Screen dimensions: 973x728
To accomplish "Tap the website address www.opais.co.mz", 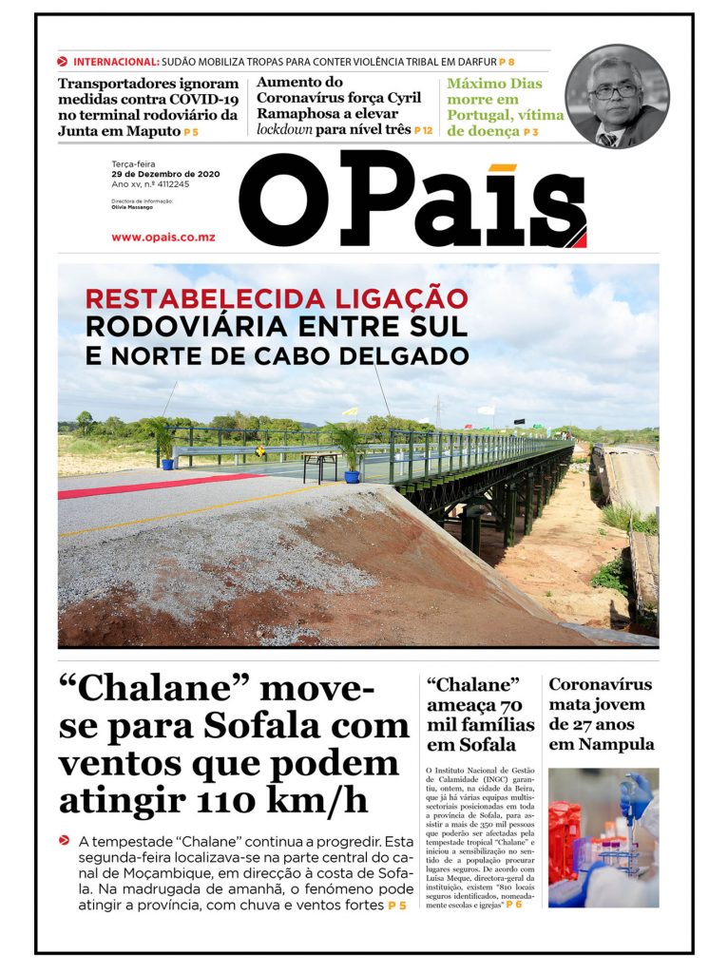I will tap(163, 237).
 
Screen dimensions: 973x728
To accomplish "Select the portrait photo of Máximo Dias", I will tap(617, 96).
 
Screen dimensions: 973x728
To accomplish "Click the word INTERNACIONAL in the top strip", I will tap(115, 62).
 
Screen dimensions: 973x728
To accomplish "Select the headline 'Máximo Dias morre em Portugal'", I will tap(505, 106).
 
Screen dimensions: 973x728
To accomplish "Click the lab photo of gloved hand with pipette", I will tap(603, 837).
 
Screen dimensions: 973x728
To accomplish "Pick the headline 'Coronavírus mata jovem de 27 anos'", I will tap(601, 714).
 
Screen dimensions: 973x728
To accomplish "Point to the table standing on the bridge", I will tap(321, 464).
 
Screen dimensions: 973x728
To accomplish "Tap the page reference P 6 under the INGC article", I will tap(514, 905).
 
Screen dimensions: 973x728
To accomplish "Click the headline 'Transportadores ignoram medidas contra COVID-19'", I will tap(148, 106).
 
